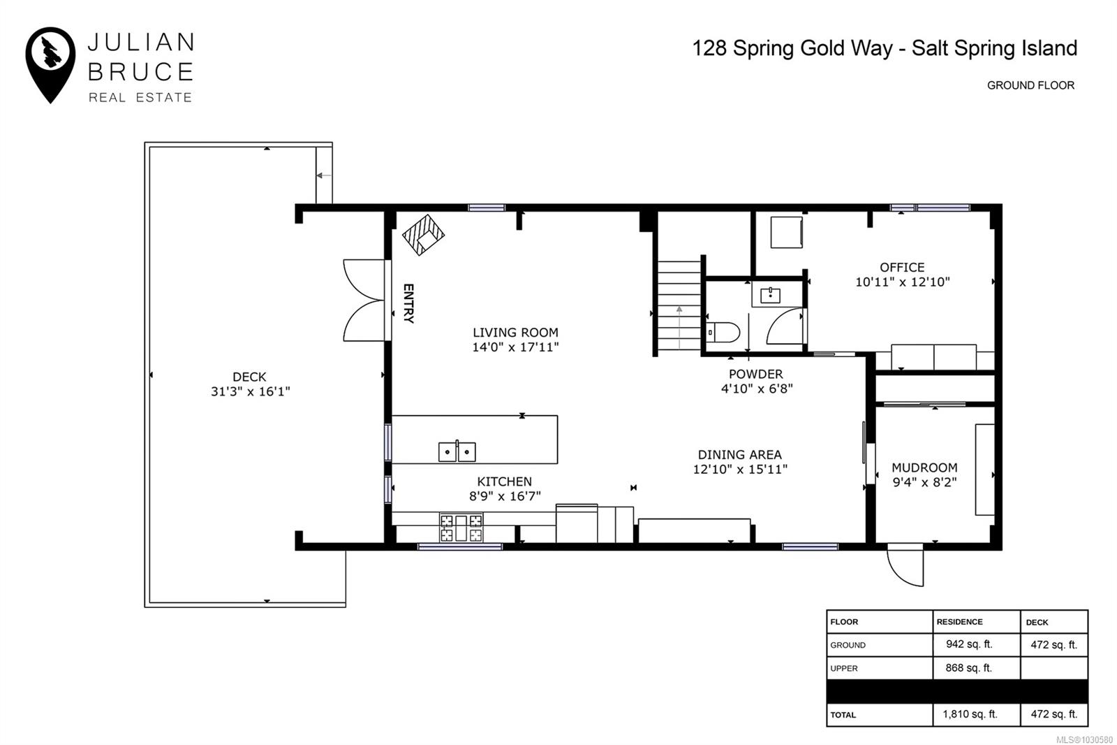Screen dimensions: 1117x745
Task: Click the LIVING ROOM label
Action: (515, 333)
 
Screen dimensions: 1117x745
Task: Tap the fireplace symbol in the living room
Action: (423, 236)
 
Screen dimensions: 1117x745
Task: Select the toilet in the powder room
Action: (723, 332)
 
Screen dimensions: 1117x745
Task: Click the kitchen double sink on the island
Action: (457, 451)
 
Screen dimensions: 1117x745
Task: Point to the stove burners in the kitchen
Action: (461, 528)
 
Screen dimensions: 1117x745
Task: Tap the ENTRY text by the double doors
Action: (408, 303)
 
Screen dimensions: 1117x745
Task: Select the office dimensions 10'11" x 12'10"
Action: (903, 282)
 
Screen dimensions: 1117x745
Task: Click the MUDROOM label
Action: (924, 468)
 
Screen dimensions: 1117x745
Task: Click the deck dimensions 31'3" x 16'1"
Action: (251, 391)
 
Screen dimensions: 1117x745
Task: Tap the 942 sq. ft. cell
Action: (970, 644)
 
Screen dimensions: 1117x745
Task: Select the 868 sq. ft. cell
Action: (969, 667)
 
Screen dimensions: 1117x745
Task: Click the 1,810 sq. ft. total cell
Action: (970, 714)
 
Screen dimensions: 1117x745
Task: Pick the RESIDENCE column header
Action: (959, 622)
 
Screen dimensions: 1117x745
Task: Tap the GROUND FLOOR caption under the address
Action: (1030, 85)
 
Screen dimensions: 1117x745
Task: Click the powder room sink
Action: (771, 296)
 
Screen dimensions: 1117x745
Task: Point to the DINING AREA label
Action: (739, 455)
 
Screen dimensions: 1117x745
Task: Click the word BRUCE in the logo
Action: (140, 72)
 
